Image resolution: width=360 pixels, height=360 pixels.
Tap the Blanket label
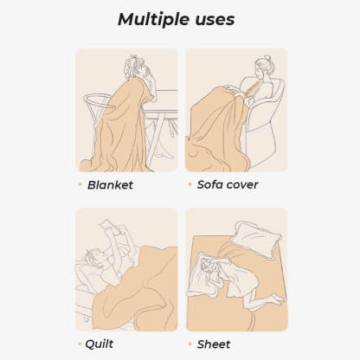[110, 184]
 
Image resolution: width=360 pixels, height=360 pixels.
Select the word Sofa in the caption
[211, 184]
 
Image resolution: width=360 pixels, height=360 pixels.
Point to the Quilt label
[100, 344]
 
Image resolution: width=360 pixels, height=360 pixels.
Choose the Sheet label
[214, 344]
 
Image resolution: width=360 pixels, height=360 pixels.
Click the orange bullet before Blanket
[80, 184]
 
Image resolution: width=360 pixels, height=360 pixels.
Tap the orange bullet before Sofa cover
[190, 184]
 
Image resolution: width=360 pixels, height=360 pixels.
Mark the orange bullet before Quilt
[80, 344]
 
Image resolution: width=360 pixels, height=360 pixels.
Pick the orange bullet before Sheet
[190, 344]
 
